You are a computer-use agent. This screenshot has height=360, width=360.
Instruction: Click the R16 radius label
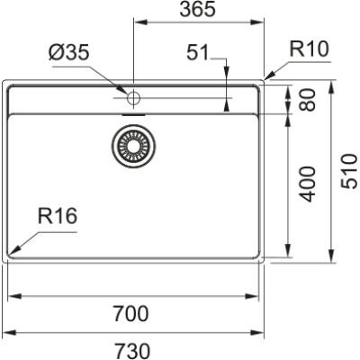(x=58, y=216)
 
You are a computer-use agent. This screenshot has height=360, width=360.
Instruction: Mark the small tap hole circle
(x=133, y=95)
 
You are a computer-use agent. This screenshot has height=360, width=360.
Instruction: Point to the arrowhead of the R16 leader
(x=13, y=250)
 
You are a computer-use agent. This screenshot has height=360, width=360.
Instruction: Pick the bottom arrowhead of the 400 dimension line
(x=288, y=255)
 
